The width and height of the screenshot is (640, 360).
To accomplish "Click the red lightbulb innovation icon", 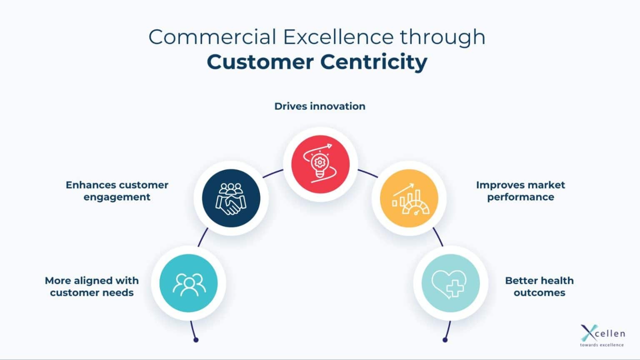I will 320,164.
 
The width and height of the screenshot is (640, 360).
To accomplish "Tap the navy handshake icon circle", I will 231,198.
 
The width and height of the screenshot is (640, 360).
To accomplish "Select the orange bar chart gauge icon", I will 409,198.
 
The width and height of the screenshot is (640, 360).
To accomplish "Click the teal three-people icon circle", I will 188,283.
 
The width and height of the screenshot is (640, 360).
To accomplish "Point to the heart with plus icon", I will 450,283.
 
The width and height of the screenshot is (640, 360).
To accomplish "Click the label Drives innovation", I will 320,106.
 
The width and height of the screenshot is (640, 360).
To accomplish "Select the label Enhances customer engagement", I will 117,191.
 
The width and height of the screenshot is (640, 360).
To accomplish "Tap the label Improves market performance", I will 520,191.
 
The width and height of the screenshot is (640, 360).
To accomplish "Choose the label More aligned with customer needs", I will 92,287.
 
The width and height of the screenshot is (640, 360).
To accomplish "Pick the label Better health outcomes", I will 539,287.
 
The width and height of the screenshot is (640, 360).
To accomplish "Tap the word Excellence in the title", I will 338,37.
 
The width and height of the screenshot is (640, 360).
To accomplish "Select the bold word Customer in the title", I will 260,62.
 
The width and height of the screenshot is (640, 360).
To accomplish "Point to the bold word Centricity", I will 373,62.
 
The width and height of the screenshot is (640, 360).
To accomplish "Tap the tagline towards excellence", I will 602,345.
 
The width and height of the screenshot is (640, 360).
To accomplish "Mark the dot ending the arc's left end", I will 196,340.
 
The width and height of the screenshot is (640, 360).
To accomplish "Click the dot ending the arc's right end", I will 445,340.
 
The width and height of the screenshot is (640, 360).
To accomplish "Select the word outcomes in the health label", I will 539,293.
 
